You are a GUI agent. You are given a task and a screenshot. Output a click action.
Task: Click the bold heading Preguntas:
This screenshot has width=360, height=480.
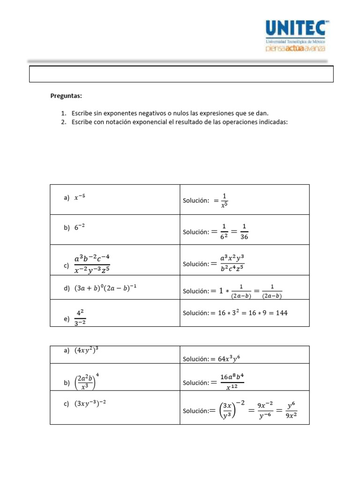tap(66, 96)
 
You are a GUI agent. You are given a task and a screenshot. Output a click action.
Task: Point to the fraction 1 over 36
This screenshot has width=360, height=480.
tap(244, 232)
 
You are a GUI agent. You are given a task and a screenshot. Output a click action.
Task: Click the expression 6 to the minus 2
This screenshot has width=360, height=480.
tap(80, 227)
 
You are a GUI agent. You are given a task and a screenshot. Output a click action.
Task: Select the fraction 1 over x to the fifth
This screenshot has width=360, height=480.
tap(224, 200)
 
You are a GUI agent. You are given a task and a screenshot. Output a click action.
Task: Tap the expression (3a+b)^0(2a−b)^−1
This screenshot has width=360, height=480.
tap(105, 289)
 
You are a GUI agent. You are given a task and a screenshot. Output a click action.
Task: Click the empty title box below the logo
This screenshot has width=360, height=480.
tap(181, 74)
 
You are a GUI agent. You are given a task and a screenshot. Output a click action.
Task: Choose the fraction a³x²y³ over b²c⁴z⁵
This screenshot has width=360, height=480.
tap(232, 264)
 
